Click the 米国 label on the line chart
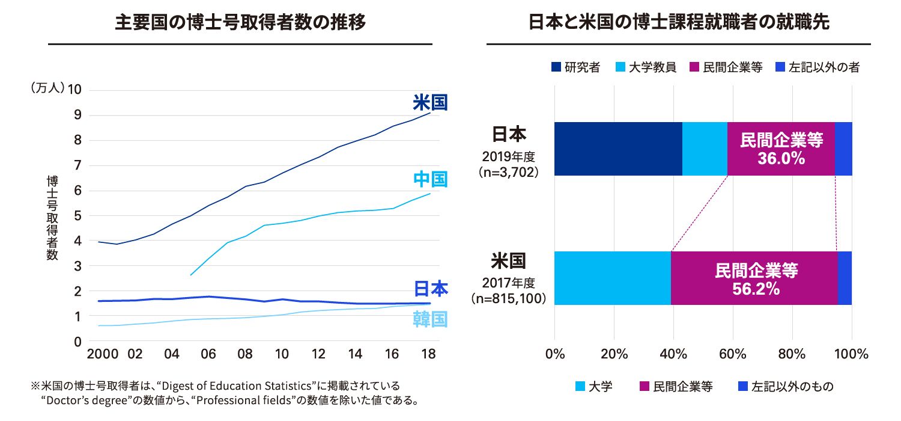click(x=430, y=102)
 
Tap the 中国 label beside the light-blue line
click(x=430, y=179)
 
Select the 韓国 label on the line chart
click(x=430, y=319)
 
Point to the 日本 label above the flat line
click(x=430, y=289)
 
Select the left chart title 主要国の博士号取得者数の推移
click(x=240, y=23)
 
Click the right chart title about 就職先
click(x=679, y=23)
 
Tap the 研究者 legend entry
click(x=575, y=67)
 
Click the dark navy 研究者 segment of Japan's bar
click(x=618, y=149)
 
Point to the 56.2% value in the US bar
click(x=756, y=289)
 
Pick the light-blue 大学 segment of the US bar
click(x=612, y=278)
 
